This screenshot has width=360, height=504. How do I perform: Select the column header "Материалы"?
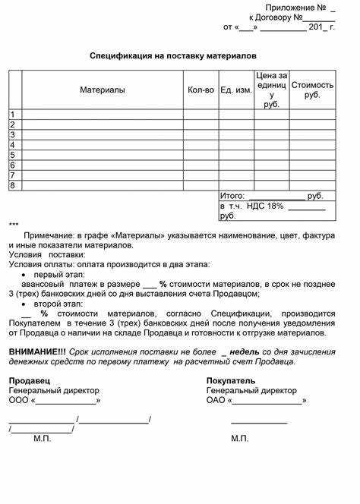(x=103, y=90)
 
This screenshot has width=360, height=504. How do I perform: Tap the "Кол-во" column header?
(x=201, y=90)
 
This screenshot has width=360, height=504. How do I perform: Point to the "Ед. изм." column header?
(x=236, y=90)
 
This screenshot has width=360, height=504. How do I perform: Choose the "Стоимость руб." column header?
(x=312, y=90)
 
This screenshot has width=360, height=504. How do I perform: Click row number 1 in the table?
(x=13, y=115)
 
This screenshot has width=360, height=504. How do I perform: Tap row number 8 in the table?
(x=13, y=185)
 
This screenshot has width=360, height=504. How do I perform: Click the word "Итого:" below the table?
(x=232, y=196)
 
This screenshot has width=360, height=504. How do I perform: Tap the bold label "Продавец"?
(x=30, y=380)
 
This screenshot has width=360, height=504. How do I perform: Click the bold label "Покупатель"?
(x=231, y=380)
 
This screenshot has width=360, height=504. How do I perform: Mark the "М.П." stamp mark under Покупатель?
(x=240, y=439)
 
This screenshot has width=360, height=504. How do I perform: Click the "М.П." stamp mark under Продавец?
(x=43, y=439)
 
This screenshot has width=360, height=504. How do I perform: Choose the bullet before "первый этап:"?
(x=26, y=274)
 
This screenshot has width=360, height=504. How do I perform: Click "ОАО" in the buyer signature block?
(x=216, y=400)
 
